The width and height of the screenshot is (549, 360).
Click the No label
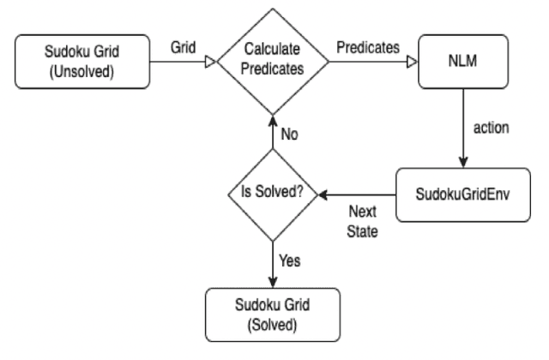coord(290,135)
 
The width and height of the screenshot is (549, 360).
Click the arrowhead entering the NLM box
coord(412,63)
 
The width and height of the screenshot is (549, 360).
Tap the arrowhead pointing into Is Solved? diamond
coord(323,196)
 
